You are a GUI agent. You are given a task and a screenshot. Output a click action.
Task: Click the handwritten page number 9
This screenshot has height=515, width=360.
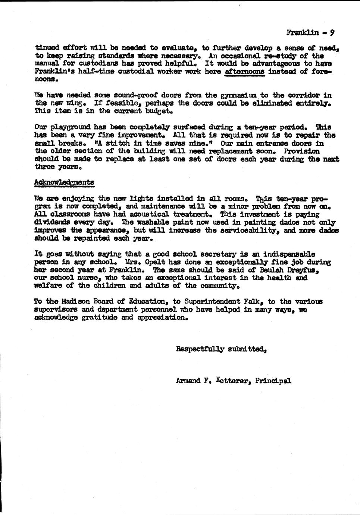coord(332,32)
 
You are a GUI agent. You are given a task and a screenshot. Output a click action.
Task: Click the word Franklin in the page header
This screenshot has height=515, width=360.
coord(303,33)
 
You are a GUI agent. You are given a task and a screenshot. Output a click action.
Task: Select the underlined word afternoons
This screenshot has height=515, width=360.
coord(245,72)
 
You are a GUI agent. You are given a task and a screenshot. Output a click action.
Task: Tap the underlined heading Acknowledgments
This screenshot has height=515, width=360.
coord(64,182)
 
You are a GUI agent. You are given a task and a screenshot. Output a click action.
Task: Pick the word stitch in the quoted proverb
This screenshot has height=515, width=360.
coord(116,143)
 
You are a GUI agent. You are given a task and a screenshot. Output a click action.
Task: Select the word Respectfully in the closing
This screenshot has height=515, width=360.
coord(200,350)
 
